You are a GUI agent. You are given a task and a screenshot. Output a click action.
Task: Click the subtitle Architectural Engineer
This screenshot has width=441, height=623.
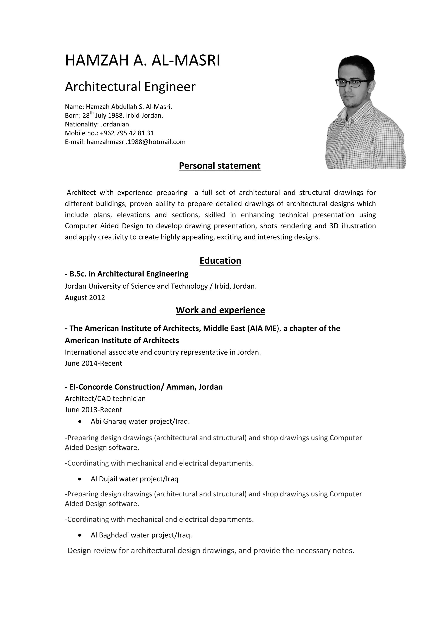[x=130, y=87]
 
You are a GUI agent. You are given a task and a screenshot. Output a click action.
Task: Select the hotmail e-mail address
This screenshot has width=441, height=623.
[x=136, y=142]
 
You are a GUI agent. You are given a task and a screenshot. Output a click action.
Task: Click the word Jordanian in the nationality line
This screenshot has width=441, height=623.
[x=115, y=125]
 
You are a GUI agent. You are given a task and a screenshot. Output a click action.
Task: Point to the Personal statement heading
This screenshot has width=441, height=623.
[x=220, y=166]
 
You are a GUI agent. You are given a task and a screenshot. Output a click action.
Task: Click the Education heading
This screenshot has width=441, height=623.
[x=220, y=260]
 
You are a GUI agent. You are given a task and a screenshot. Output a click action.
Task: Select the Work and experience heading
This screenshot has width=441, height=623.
[x=220, y=310]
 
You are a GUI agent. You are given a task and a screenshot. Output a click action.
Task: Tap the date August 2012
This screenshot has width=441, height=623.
[x=85, y=298]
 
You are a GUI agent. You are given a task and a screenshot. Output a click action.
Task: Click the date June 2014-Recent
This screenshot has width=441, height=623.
[x=93, y=363]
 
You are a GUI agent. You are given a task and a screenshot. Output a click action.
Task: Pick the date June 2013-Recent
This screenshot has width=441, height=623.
[x=93, y=410]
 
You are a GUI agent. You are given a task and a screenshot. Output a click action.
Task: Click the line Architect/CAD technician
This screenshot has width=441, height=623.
[x=105, y=399]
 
